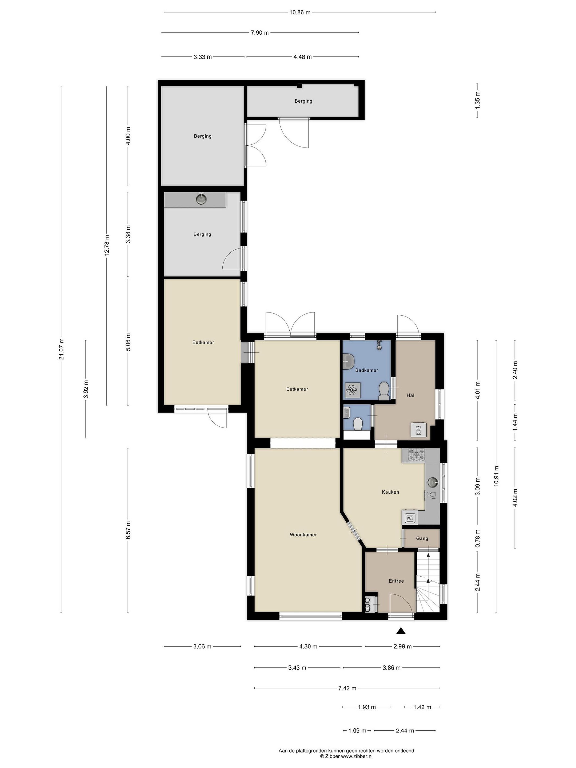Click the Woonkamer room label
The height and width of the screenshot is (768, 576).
pyautogui.click(x=303, y=535)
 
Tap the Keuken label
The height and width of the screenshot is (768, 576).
pyautogui.click(x=390, y=492)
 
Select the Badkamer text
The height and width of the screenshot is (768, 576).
pyautogui.click(x=367, y=370)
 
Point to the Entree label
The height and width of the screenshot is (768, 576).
pyautogui.click(x=396, y=581)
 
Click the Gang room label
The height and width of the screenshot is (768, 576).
pyautogui.click(x=422, y=538)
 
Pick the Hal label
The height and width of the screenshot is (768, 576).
pyautogui.click(x=410, y=395)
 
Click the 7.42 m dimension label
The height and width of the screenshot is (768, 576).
pyautogui.click(x=347, y=689)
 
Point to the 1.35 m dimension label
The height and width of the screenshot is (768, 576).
pyautogui.click(x=478, y=101)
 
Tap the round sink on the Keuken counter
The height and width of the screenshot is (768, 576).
pyautogui.click(x=433, y=482)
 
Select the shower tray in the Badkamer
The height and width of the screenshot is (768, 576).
pyautogui.click(x=353, y=390)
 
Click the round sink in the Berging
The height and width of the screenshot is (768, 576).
pyautogui.click(x=201, y=199)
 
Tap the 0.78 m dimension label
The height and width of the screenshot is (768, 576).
pyautogui.click(x=478, y=538)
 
